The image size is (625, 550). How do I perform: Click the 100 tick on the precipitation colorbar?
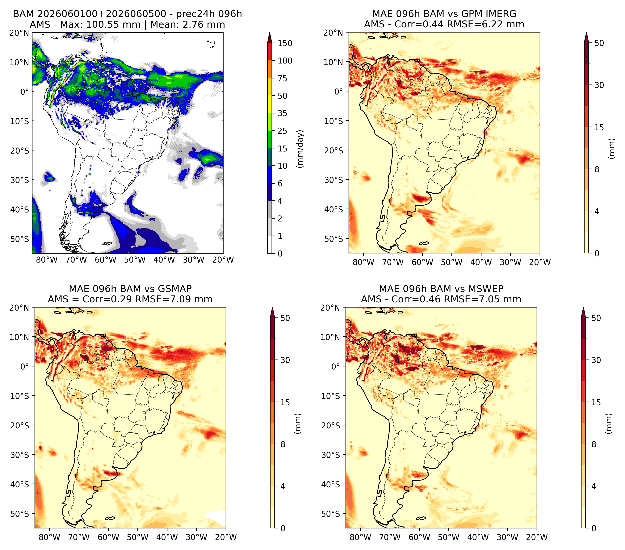[x=285, y=61]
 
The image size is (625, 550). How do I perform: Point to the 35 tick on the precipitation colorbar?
[x=282, y=113]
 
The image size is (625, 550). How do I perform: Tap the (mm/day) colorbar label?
[x=301, y=149]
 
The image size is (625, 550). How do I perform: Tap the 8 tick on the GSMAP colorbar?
[x=283, y=444]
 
